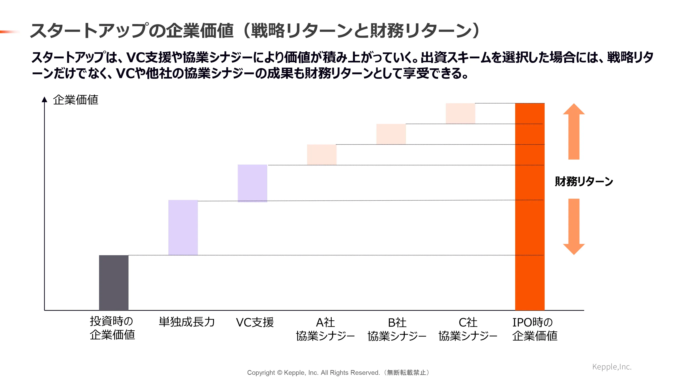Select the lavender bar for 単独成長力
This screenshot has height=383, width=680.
click(183, 227)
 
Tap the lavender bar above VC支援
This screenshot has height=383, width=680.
click(252, 183)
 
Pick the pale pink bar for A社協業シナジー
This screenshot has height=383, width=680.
click(321, 155)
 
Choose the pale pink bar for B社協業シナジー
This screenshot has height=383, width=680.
click(391, 134)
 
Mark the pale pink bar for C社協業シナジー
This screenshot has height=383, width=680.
click(460, 113)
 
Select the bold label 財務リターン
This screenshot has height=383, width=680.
click(584, 182)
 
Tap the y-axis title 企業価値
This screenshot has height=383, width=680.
click(75, 100)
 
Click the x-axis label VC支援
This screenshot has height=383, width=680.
click(255, 322)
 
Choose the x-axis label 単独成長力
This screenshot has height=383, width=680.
click(187, 322)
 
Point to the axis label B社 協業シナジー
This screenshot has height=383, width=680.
click(397, 329)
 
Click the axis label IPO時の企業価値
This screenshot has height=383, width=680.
click(534, 329)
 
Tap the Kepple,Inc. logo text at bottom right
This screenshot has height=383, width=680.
click(612, 367)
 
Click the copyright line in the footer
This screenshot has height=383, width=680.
click(338, 372)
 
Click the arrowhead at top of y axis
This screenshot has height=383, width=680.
click(44, 99)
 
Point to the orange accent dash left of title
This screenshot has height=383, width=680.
click(10, 32)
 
